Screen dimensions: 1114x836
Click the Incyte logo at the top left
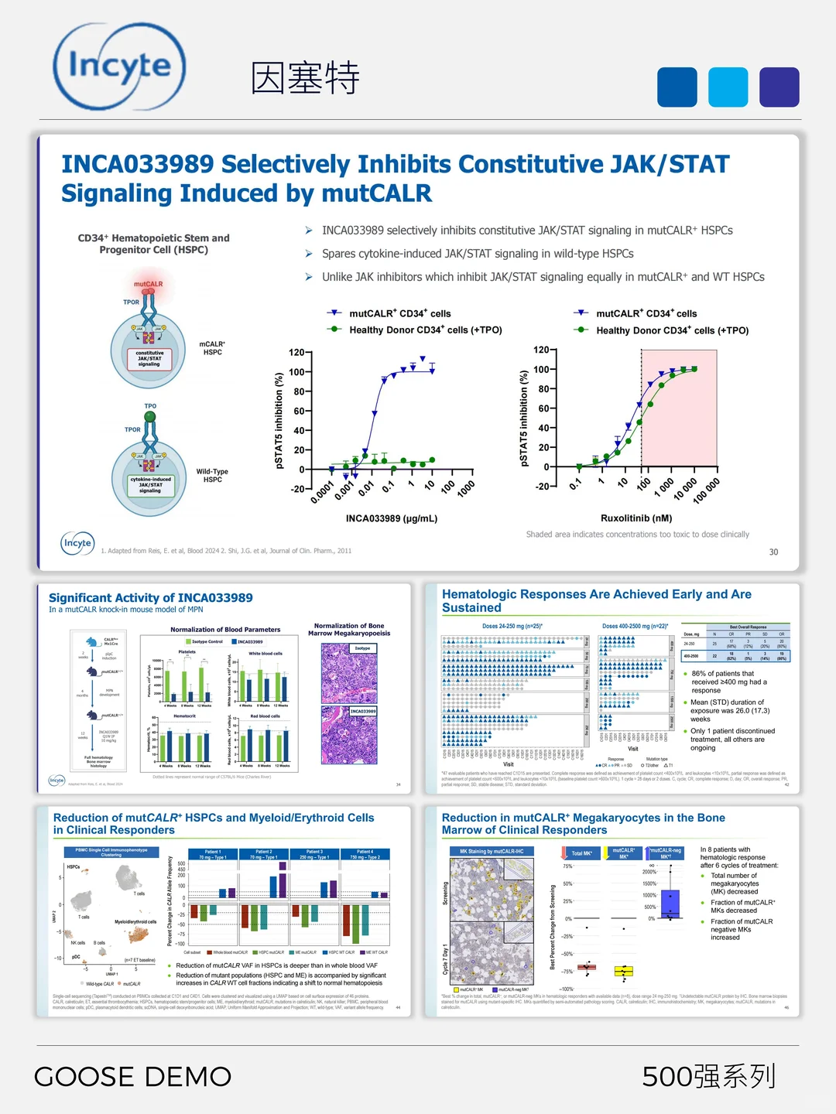click(119, 67)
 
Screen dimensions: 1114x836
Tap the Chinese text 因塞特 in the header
click(305, 78)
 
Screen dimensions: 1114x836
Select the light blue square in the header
click(728, 87)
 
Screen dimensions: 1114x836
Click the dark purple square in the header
click(779, 87)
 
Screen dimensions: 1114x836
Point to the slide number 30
click(773, 552)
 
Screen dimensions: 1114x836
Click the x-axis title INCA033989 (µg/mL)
click(392, 518)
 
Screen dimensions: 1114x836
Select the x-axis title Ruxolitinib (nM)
click(636, 518)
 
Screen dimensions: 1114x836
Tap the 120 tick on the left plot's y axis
click(296, 353)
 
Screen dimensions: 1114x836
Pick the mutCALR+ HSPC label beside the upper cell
click(212, 348)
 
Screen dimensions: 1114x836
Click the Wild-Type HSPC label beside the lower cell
click(212, 475)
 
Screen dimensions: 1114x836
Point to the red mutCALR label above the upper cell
click(149, 284)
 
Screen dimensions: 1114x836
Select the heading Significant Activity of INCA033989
click(151, 597)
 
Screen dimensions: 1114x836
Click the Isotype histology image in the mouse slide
click(349, 673)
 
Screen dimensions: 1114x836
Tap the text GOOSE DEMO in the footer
click(132, 1076)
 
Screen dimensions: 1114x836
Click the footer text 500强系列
click(708, 1076)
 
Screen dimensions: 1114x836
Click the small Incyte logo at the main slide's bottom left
click(77, 543)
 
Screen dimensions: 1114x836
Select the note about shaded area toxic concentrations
click(637, 535)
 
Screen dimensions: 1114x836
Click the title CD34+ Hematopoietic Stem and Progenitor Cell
click(153, 244)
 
